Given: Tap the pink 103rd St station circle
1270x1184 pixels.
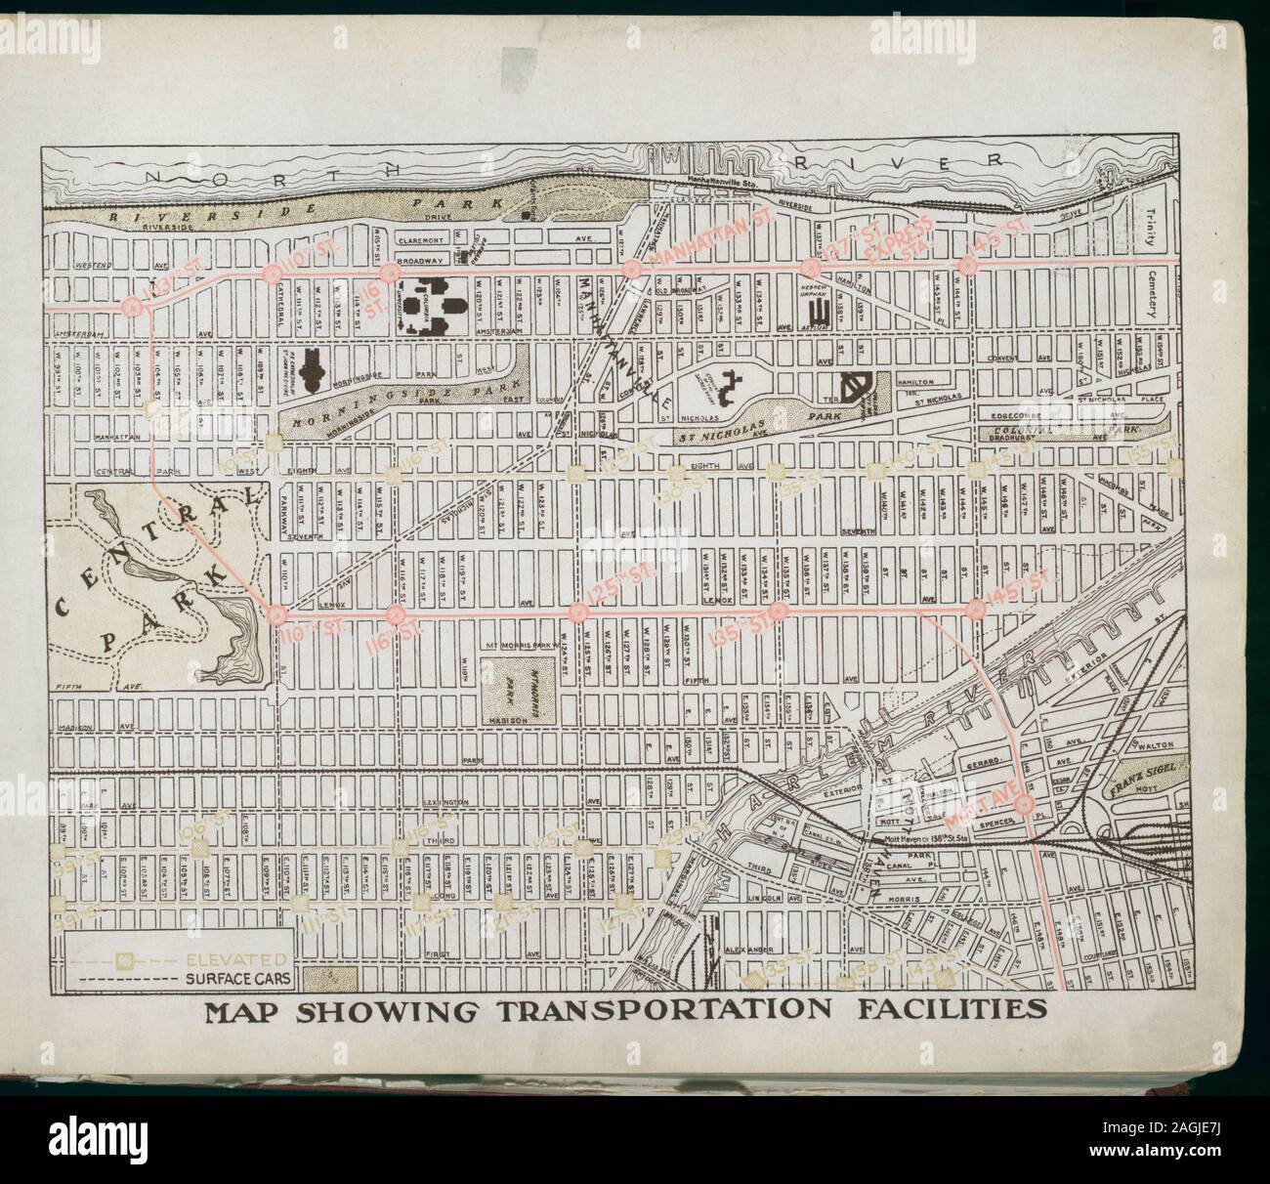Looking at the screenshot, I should coord(135,307).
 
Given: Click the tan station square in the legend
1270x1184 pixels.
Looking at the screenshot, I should coord(124,958).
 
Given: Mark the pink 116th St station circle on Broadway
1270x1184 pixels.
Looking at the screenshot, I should coord(391,271).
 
